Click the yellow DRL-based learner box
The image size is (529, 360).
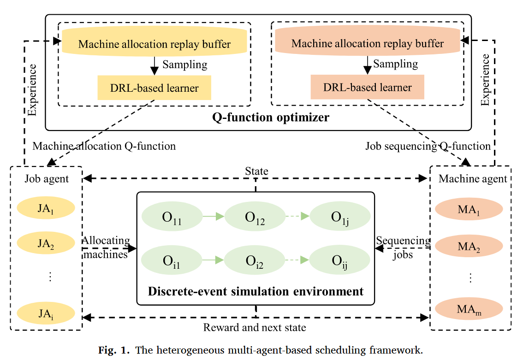coord(154,88)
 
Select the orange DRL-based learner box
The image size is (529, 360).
coord(367,87)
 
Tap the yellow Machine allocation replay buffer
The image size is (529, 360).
coord(154,44)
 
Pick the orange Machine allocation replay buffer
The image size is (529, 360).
coord(367,44)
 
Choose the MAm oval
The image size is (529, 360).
coord(469,308)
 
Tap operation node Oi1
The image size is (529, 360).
coord(172,260)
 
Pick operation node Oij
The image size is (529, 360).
coord(339,261)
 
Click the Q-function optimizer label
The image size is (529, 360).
coord(271,117)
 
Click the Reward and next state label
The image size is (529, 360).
coord(255,328)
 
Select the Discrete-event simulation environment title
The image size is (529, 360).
coord(256,291)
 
